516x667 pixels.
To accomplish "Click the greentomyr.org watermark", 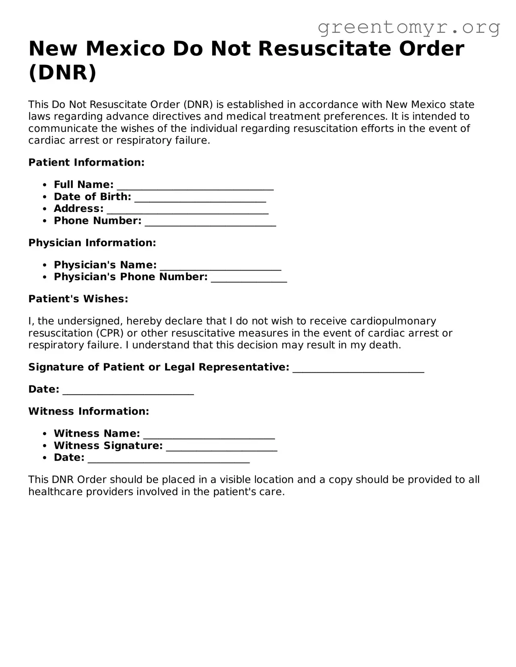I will pos(409,27).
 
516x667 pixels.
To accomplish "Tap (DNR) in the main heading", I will pos(62,73).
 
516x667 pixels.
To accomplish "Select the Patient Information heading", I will pos(86,162).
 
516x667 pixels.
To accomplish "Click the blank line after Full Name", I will pos(195,186).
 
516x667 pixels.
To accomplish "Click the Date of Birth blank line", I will pos(200,198).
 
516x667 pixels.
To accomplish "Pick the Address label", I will pos(78,209).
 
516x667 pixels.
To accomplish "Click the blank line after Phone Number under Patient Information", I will pos(210,222).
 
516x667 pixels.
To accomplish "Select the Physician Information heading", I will pos(92,243).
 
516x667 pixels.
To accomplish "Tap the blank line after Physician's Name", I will pos(220,266).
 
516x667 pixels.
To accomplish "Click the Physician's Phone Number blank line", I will pos(249,278).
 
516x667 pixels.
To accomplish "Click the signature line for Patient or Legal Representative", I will pos(358,368).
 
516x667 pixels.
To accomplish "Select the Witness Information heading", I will pos(89,411).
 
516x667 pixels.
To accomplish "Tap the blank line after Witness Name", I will pos(209,435).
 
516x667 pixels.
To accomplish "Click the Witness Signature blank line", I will pos(221,447).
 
